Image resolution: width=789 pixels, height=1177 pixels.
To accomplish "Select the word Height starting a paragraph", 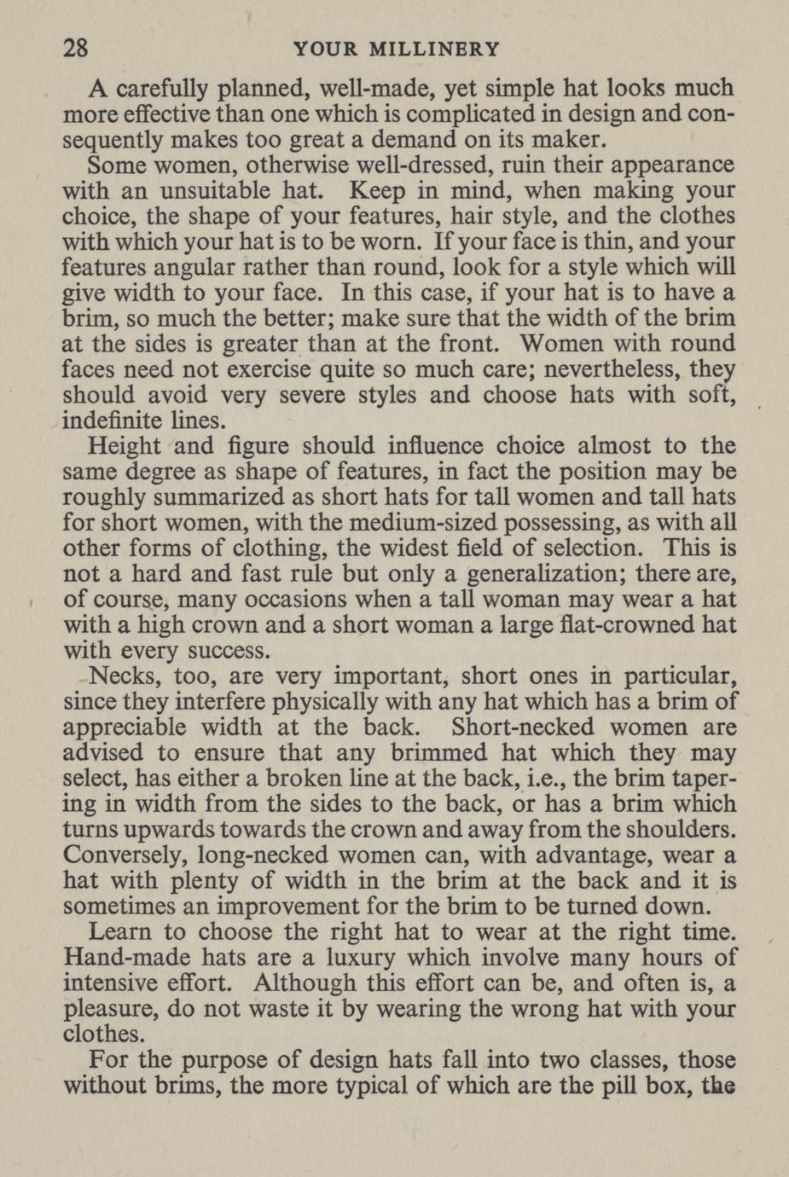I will (x=125, y=446).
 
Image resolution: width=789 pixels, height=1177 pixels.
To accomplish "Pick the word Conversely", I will (x=125, y=855).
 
